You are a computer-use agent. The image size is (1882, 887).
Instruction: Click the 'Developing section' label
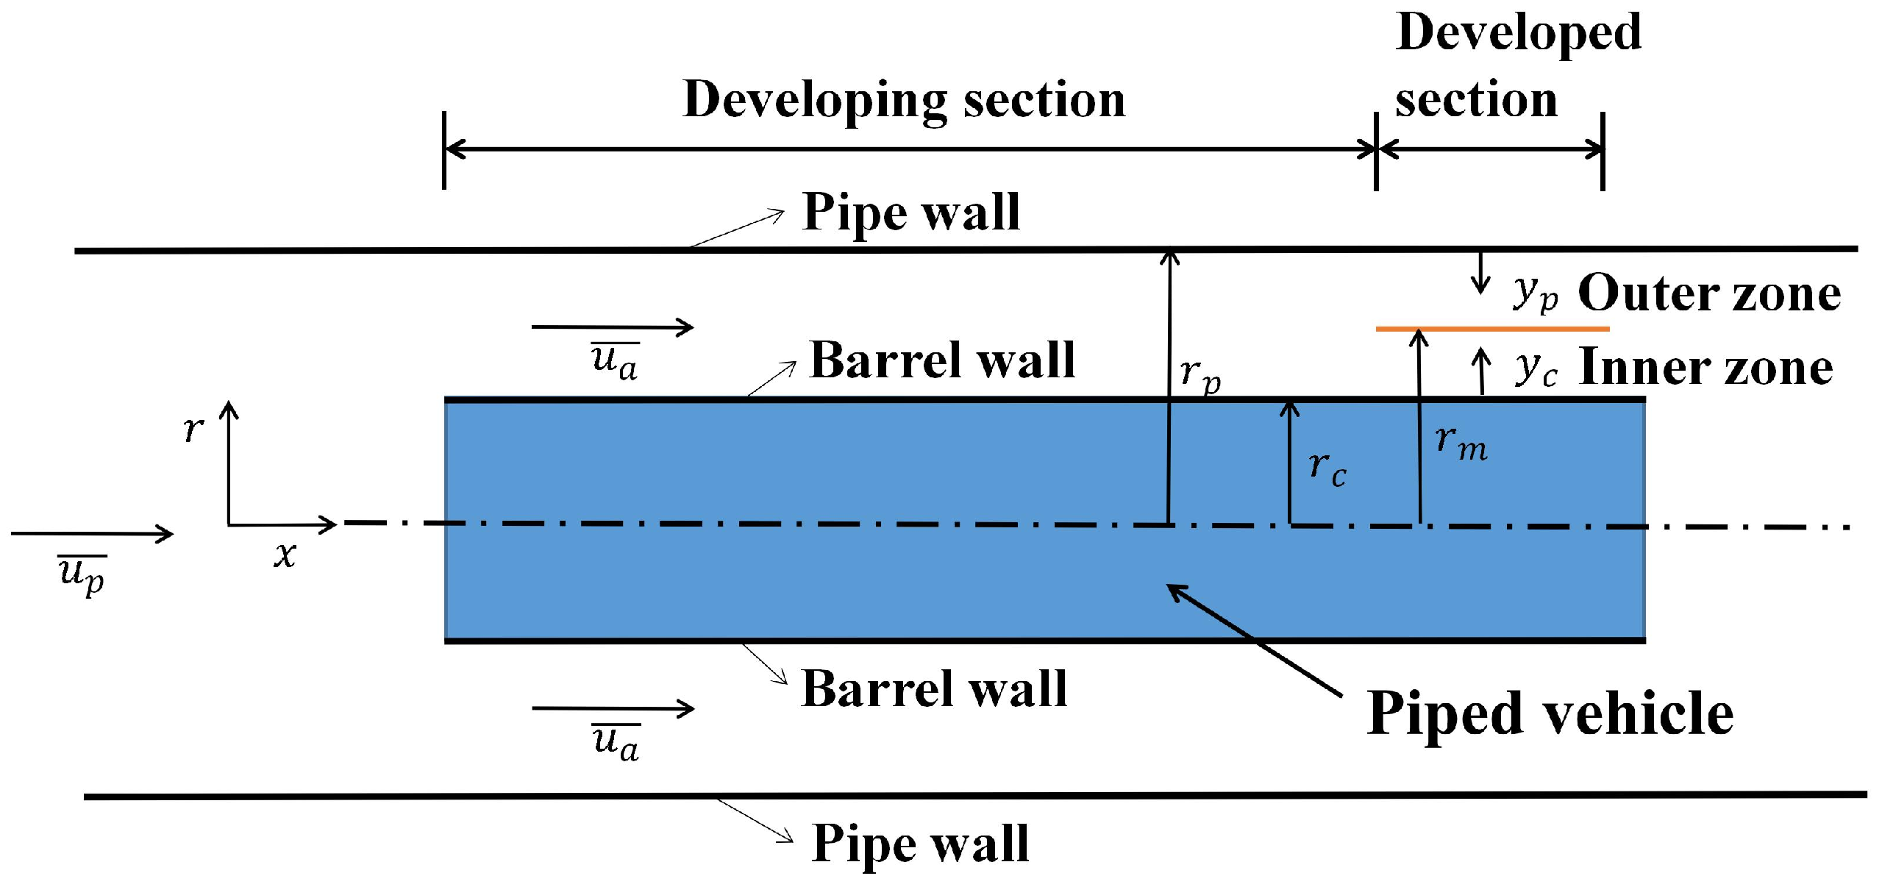(903, 100)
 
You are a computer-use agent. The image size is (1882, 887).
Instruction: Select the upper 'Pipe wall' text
(910, 213)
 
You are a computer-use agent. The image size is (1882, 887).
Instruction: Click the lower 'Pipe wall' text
(919, 843)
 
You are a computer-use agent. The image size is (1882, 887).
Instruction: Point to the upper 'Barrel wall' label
(941, 360)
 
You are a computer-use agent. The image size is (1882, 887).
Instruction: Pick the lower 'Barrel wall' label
(934, 689)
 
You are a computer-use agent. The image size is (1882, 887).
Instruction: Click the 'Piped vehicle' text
(1550, 714)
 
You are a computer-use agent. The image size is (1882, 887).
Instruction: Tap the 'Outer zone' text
(1709, 293)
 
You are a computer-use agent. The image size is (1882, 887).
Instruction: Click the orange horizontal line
(1493, 329)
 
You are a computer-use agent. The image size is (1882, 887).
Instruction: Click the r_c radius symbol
(1327, 468)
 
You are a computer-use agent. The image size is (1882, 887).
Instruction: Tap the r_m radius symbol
(1461, 443)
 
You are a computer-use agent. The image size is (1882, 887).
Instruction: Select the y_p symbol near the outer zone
(1536, 293)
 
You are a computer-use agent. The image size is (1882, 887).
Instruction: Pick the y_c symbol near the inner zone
(1536, 368)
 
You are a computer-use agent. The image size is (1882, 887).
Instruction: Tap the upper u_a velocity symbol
(615, 360)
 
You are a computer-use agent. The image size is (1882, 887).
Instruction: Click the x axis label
(285, 555)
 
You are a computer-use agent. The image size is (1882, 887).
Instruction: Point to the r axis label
(193, 428)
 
